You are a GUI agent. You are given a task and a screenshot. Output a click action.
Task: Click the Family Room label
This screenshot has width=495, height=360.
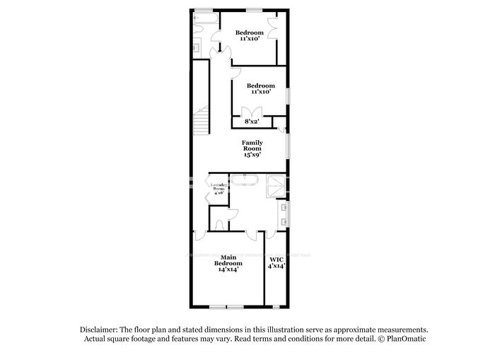(252, 146)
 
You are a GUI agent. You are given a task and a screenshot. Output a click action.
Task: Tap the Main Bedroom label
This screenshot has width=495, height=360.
(228, 260)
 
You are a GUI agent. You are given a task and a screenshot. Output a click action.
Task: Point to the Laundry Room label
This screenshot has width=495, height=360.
(219, 187)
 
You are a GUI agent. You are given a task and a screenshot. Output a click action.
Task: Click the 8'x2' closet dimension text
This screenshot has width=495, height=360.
(252, 122)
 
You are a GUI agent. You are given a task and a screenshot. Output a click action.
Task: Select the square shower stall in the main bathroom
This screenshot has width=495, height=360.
(275, 186)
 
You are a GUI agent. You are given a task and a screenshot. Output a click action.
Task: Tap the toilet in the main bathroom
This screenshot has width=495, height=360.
(219, 225)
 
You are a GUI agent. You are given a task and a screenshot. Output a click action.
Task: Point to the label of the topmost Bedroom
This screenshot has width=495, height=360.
(250, 33)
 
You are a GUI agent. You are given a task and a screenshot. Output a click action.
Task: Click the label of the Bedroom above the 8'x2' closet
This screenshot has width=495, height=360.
(261, 86)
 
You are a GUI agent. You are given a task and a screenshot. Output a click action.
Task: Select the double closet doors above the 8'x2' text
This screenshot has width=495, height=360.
(252, 112)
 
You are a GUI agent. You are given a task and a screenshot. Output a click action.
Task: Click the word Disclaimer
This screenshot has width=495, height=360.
(97, 330)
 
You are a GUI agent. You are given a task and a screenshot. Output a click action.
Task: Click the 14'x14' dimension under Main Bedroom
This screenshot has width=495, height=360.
(228, 269)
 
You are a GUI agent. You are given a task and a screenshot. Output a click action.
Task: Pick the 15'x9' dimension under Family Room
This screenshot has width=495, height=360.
(252, 154)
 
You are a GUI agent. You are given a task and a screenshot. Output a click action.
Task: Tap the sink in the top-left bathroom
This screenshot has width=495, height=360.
(197, 48)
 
